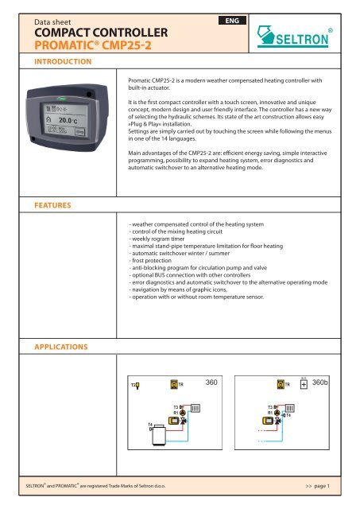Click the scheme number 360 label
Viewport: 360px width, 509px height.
tap(213, 383)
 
